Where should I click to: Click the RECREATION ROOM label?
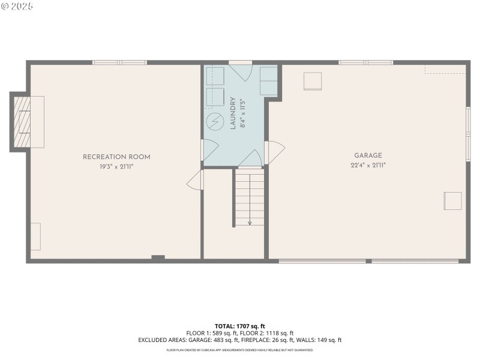click(x=116, y=157)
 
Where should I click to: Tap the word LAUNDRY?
click(x=233, y=113)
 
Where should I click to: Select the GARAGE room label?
click(x=368, y=155)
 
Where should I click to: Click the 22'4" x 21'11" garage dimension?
click(x=368, y=165)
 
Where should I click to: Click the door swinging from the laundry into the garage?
click(x=274, y=153)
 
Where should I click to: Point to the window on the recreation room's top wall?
click(x=119, y=62)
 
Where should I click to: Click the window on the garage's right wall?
click(x=468, y=133)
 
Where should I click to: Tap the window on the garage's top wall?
click(x=366, y=62)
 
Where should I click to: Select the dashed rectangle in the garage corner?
click(x=445, y=70)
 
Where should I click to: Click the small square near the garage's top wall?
click(x=313, y=81)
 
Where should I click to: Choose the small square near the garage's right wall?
click(x=452, y=200)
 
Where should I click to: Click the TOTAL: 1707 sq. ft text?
click(x=240, y=326)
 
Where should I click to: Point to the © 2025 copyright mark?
click(x=17, y=6)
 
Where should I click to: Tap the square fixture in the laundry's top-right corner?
click(x=268, y=81)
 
